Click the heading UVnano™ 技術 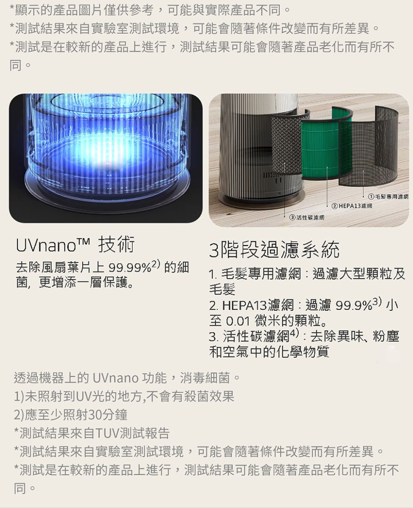75,244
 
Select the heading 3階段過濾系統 274,249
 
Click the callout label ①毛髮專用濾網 388,196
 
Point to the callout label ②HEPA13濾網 352,206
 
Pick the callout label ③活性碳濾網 307,217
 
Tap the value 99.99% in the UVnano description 130,268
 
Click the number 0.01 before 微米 238,322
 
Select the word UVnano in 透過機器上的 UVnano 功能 116,378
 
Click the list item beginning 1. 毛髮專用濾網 307,281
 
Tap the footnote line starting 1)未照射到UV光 124,396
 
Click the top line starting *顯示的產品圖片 150,10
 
